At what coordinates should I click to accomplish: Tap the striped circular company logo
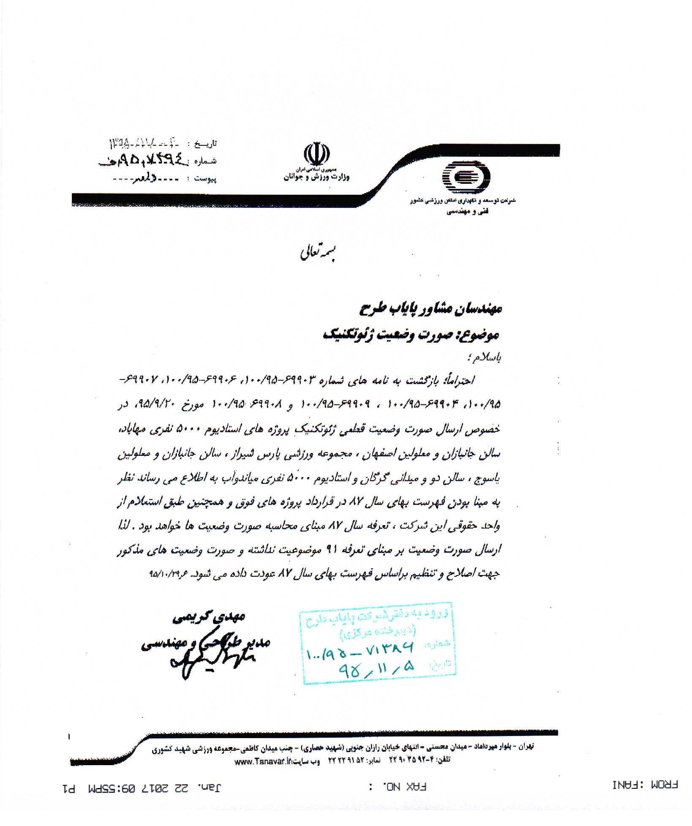point(466,177)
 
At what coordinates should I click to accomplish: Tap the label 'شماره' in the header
point(205,161)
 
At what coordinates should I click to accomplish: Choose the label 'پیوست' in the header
point(205,179)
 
